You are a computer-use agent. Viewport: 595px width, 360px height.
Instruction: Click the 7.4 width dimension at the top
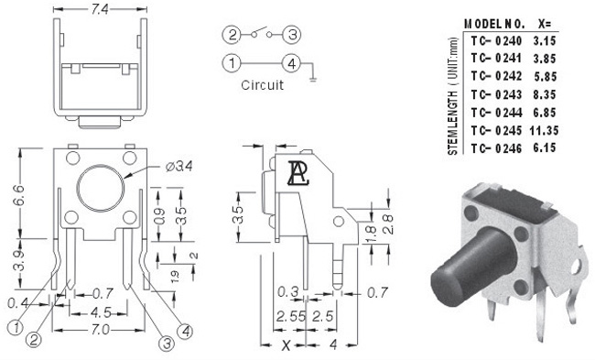(x=100, y=9)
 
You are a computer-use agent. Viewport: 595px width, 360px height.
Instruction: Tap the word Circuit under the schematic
(x=262, y=84)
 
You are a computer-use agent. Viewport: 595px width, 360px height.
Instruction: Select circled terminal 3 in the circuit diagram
(x=292, y=35)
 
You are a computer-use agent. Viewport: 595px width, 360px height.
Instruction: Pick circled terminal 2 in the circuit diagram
(x=232, y=35)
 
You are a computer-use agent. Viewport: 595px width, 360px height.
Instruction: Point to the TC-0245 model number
(x=496, y=130)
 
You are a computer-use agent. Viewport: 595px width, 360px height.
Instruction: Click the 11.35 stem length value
(x=544, y=130)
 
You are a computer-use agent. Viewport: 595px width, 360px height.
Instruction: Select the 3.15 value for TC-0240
(x=545, y=40)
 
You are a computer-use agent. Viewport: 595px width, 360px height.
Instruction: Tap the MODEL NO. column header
(x=494, y=24)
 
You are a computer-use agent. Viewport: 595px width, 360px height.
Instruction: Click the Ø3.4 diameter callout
(x=179, y=167)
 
